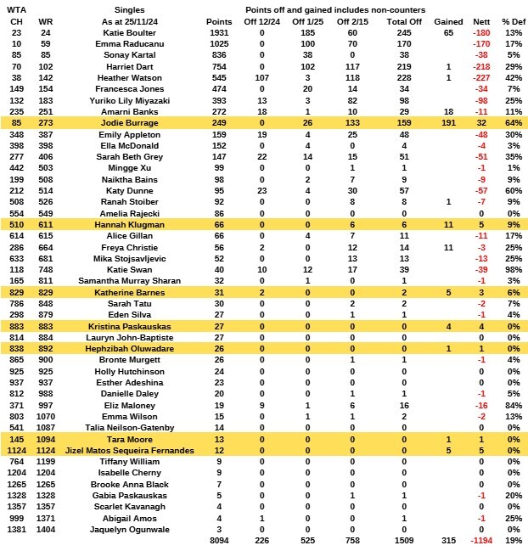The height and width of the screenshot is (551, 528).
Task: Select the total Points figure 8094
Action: [x=218, y=539]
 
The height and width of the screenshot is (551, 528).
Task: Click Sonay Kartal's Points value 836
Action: [x=219, y=54]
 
